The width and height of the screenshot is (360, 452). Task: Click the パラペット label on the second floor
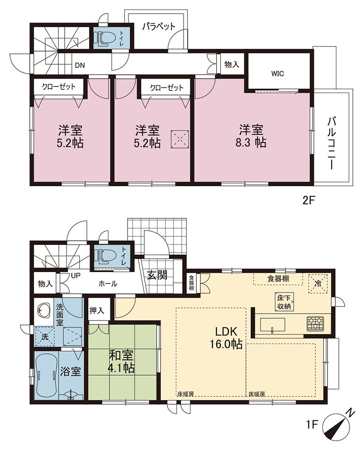pos(159,27)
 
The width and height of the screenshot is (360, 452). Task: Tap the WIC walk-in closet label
pos(278,74)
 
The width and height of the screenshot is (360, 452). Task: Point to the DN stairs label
pos(80,66)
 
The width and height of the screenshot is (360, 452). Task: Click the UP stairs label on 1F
pos(76,276)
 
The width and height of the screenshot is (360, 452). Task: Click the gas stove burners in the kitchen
pos(315,323)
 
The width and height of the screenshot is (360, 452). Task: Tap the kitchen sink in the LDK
pos(272,325)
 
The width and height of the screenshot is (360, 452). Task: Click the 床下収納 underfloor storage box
pos(284,302)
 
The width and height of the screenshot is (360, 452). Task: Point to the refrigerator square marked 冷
pos(318,284)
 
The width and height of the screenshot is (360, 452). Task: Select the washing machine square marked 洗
pos(44,336)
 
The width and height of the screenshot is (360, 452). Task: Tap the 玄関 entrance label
pos(157,275)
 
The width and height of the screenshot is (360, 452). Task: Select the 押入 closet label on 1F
pos(97,311)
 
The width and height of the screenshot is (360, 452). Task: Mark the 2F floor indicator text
pos(308,200)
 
